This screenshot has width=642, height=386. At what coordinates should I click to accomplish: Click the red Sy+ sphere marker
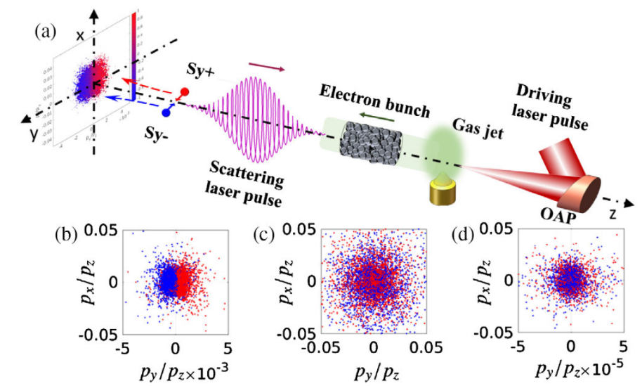[185, 92]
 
